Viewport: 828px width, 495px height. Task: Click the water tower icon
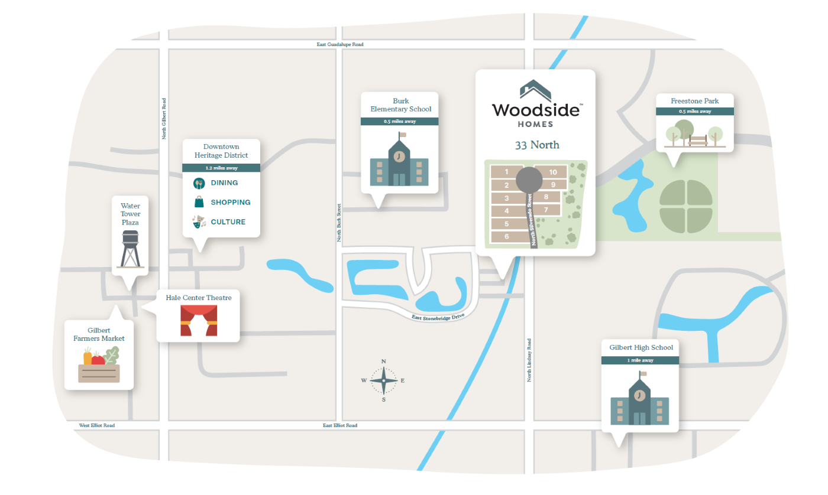tap(131, 249)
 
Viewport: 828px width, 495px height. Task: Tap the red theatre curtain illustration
tap(199, 321)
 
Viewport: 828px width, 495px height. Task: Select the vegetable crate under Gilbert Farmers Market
tap(99, 366)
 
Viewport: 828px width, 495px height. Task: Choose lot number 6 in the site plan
tap(507, 237)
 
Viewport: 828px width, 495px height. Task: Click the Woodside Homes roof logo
tap(535, 90)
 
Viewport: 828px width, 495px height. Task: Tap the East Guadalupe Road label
tap(339, 44)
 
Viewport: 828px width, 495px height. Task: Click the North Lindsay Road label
tap(529, 360)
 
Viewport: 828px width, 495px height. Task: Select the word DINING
tap(224, 183)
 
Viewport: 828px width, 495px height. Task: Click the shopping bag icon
tap(199, 202)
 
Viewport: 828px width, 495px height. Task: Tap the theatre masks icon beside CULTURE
tap(198, 222)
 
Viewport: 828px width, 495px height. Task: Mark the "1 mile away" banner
tap(640, 360)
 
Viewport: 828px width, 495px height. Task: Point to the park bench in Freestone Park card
tap(698, 141)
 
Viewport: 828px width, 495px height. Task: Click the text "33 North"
tap(536, 145)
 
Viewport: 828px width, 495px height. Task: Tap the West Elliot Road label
tap(97, 425)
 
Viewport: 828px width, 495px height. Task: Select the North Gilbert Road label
tap(164, 118)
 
